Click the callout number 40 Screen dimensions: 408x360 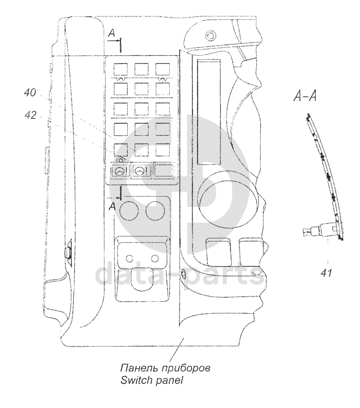click(32, 91)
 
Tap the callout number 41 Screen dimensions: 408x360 click(326, 273)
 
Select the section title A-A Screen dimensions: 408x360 click(305, 97)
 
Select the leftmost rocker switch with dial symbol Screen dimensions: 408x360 click(119, 172)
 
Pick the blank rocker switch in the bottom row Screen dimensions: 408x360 click(164, 171)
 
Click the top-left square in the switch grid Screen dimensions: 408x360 click(120, 69)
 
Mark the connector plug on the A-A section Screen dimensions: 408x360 click(312, 231)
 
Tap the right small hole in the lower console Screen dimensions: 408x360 click(154, 259)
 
